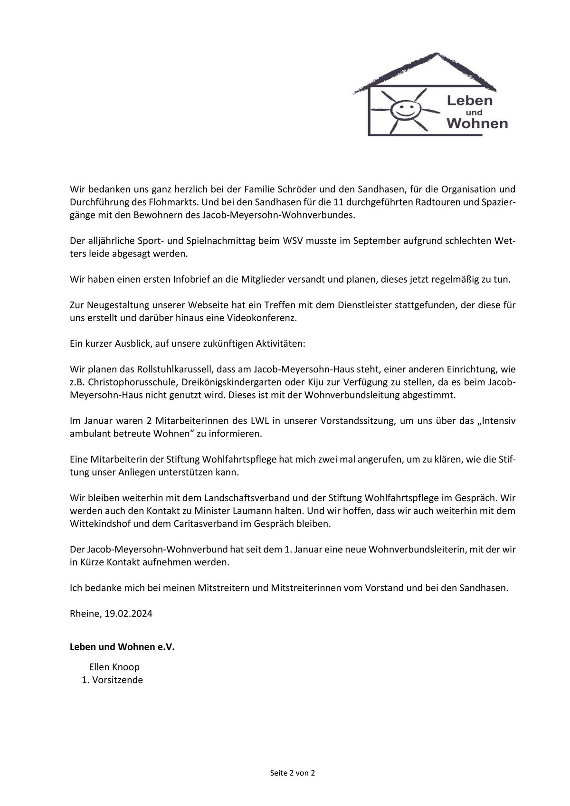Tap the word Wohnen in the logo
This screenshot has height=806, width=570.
[x=477, y=124]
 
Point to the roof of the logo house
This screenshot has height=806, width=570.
[x=425, y=66]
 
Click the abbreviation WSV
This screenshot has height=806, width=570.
[x=292, y=241]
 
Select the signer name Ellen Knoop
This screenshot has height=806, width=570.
[x=114, y=667]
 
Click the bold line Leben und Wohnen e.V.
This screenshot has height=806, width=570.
[x=122, y=647]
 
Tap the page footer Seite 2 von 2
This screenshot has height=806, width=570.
[x=293, y=773]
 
